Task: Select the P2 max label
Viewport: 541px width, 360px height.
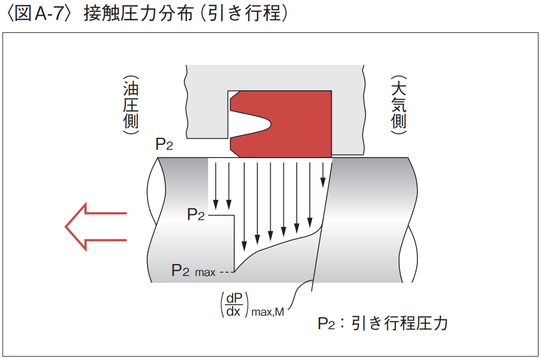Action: click(x=193, y=270)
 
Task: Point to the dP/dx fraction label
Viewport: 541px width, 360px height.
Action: click(x=234, y=304)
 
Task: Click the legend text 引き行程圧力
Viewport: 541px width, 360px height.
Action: click(x=400, y=323)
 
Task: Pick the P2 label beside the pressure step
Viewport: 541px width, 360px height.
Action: click(x=196, y=214)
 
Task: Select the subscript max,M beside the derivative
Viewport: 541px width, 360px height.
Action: click(x=267, y=313)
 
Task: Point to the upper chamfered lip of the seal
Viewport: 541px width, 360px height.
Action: click(x=235, y=96)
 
